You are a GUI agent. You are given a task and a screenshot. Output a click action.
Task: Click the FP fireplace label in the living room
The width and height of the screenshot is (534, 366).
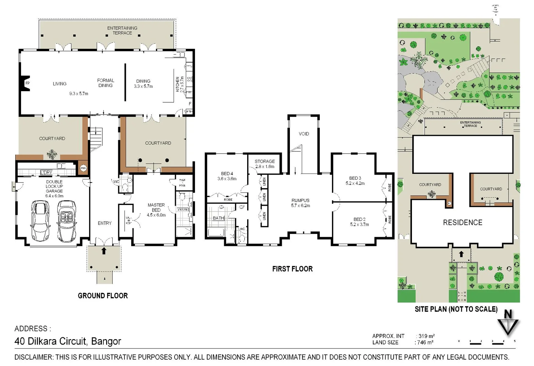[27, 83]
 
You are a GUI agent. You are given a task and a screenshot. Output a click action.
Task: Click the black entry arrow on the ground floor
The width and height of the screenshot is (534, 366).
[104, 251]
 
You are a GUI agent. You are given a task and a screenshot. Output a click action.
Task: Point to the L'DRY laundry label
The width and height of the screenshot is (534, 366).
[46, 172]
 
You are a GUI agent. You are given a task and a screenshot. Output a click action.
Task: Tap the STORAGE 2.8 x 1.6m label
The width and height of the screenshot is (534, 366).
[265, 164]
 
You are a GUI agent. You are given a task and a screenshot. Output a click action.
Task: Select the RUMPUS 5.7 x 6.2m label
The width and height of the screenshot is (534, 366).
[300, 203]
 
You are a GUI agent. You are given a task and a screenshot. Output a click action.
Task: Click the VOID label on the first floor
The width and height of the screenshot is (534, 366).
[304, 134]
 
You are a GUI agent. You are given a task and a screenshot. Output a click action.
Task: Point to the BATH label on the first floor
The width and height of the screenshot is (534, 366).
[218, 218]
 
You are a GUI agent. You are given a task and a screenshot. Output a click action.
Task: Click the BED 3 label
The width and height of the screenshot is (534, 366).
[355, 178]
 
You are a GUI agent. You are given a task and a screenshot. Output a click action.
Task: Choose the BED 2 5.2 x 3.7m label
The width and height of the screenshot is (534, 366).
[359, 222]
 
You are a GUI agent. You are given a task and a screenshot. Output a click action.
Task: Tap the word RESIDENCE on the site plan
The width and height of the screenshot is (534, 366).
[462, 223]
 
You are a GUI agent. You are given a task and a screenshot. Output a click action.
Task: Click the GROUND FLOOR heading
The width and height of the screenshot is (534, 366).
[103, 296]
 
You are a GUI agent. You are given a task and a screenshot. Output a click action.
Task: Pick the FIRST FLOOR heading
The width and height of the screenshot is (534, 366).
[292, 269]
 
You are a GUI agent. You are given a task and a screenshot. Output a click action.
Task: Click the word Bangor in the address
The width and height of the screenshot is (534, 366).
[106, 341]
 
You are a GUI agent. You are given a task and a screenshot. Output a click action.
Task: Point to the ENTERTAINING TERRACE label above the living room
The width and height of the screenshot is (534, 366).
[122, 30]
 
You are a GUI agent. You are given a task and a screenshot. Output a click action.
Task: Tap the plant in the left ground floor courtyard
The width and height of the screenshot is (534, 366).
[52, 154]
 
